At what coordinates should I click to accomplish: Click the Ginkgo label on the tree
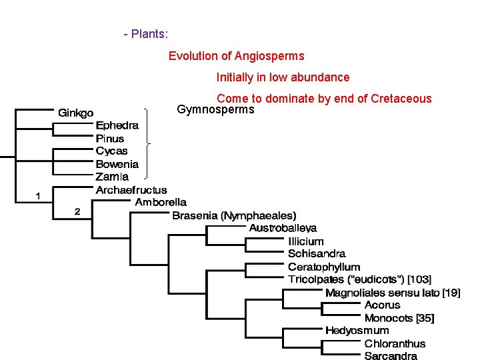(76, 112)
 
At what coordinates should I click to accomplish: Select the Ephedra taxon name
(117, 125)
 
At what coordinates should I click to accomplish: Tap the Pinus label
(110, 138)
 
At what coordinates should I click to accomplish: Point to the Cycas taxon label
(112, 151)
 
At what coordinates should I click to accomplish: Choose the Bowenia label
(117, 164)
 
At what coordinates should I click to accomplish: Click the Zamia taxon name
(112, 177)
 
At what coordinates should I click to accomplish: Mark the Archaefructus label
(131, 190)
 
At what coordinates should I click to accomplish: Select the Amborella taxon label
(161, 202)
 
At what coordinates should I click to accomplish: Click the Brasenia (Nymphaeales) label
(234, 215)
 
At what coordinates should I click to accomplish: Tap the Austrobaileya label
(283, 228)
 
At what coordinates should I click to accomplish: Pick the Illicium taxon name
(306, 241)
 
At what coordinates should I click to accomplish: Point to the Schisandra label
(317, 253)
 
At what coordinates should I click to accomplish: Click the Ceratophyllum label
(324, 267)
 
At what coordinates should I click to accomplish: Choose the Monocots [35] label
(399, 318)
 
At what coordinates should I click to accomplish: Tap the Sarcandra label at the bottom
(391, 356)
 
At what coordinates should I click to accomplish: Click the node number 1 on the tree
(39, 195)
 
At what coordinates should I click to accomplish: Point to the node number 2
(77, 211)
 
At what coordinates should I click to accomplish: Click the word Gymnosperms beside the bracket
(215, 109)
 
